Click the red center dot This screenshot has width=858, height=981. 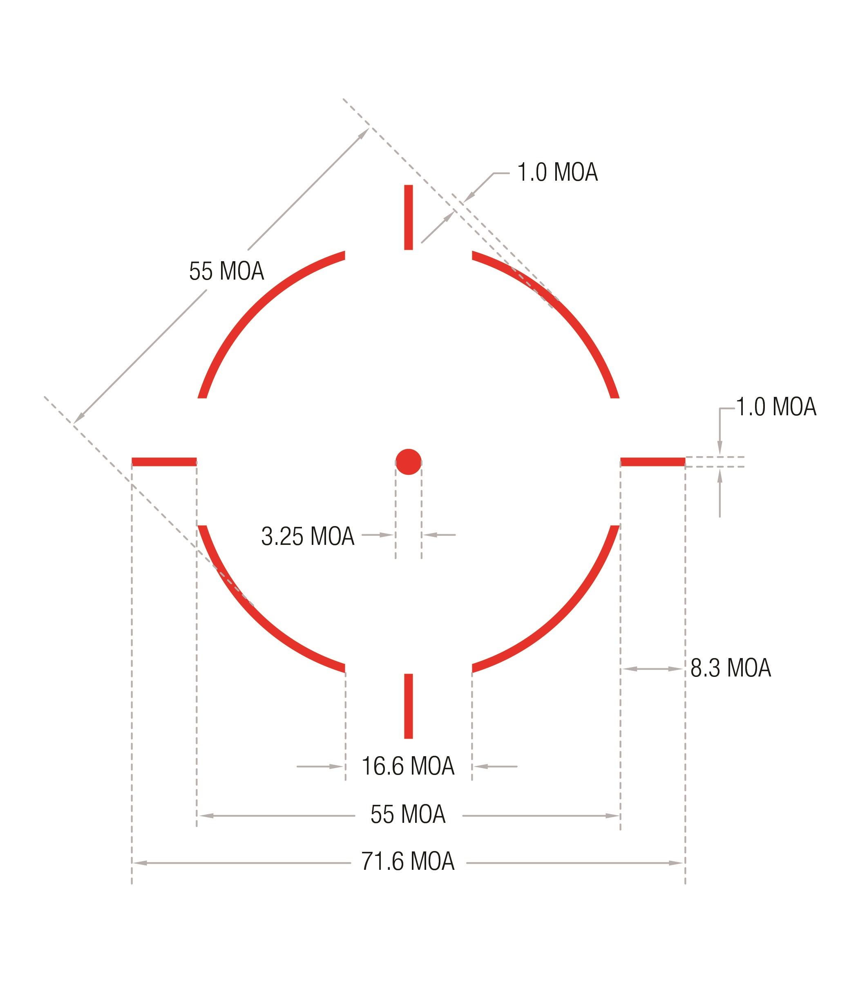(409, 462)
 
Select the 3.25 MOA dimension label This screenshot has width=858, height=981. (308, 536)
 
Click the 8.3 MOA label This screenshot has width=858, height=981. (731, 668)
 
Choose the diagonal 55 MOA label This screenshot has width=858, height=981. (226, 271)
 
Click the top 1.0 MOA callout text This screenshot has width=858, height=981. (557, 172)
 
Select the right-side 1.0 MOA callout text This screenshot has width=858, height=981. (775, 407)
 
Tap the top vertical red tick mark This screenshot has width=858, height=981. (409, 217)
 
